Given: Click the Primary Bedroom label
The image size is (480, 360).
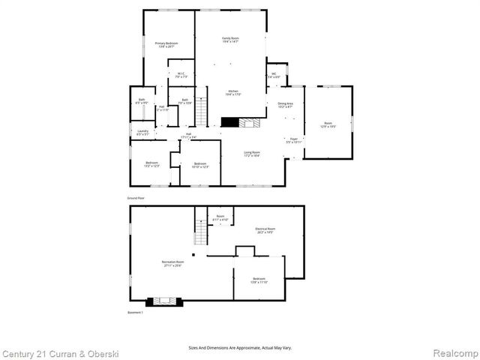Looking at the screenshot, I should coord(166,45).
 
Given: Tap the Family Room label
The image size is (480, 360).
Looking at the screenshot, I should coord(229,40).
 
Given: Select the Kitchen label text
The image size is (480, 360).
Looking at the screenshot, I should coord(232,92).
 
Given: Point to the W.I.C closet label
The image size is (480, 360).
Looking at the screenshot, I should coord(181,74).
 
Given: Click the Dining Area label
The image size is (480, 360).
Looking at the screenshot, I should coord(286,105).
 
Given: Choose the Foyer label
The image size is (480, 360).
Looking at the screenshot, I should coord(294,139).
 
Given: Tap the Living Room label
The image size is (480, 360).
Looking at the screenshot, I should coord(251,154).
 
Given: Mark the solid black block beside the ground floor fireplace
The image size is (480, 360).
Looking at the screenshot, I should coord(229,123).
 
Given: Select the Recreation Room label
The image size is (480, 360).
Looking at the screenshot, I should coord(172,263).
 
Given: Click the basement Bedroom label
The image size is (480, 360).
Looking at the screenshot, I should coord(258,280).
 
